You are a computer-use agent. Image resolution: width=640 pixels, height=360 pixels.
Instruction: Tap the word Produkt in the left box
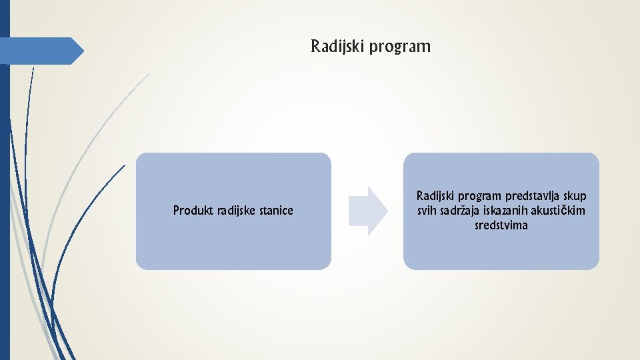(x=193, y=211)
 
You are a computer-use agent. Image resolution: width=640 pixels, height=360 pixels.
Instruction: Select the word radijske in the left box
(x=237, y=211)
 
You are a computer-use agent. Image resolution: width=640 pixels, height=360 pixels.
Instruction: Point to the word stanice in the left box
(x=277, y=211)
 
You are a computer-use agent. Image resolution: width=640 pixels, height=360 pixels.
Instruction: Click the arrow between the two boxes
(x=367, y=211)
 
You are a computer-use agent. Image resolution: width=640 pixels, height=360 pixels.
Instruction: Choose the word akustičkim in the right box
(x=561, y=211)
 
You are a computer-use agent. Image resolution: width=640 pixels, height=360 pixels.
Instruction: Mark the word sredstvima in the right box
(x=501, y=225)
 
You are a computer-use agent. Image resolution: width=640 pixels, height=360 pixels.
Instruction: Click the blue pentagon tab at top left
(x=41, y=51)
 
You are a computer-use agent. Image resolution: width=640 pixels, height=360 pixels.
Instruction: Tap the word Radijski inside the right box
(x=437, y=197)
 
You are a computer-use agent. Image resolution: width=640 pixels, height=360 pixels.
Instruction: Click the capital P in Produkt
(x=176, y=211)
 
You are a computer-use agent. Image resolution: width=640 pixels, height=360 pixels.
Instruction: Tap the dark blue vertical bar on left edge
(x=5, y=200)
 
